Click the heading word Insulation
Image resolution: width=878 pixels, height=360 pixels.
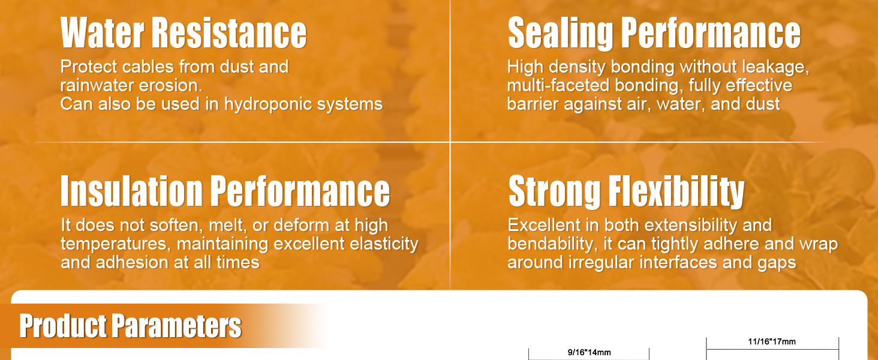point(132,191)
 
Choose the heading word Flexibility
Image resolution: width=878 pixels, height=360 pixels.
point(676,192)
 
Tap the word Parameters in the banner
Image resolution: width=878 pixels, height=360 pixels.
point(177,325)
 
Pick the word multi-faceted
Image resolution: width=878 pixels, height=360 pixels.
point(558,85)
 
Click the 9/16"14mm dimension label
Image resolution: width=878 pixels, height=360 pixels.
point(589,353)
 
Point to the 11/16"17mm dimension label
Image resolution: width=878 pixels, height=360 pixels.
point(772,341)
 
